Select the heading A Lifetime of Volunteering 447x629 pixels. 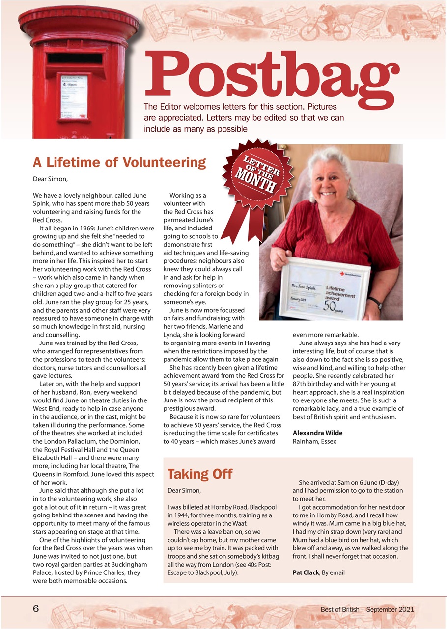119,162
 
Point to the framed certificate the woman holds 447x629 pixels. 324,287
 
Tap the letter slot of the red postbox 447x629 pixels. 75,58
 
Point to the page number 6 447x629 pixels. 36,609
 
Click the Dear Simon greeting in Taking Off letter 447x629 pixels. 184,490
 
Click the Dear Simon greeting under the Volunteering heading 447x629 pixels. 50,179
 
